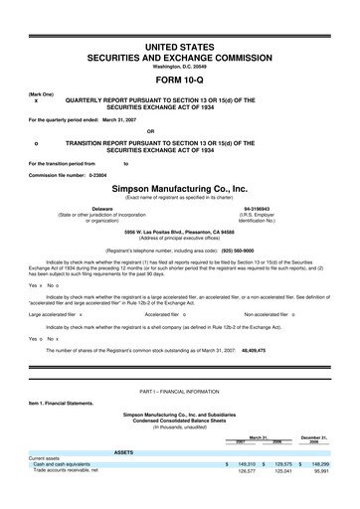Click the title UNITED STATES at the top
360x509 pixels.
[180, 47]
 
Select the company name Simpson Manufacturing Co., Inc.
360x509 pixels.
[180, 188]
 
